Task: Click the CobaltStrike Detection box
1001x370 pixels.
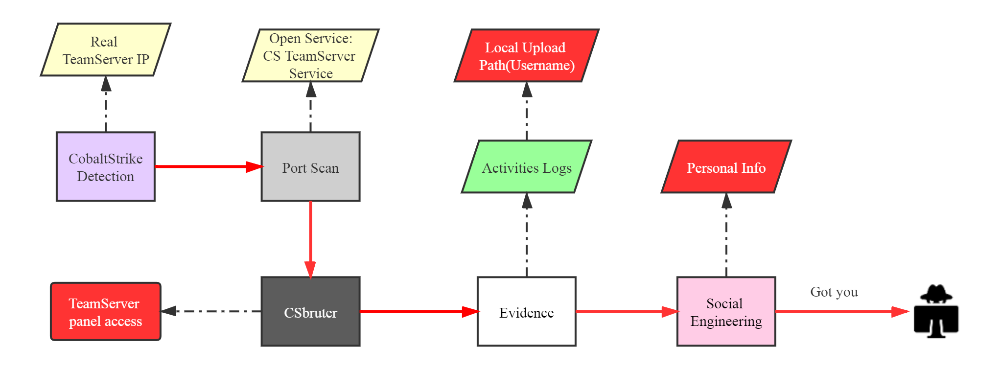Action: (106, 166)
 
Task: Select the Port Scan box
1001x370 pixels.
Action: (310, 166)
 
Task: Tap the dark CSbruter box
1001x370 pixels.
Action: (310, 312)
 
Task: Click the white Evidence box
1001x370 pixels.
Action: (527, 312)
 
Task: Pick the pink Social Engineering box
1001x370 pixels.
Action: (726, 312)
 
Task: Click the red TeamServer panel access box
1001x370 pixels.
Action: (106, 311)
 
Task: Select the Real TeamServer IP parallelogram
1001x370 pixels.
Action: (106, 49)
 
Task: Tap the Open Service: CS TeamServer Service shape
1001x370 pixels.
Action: (310, 55)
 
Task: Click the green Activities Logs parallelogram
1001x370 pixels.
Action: (527, 166)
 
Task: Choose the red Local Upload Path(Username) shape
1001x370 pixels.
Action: (527, 55)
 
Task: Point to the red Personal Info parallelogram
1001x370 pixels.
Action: (726, 166)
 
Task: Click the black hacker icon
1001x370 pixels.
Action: (936, 311)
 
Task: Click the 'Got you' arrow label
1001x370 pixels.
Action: (834, 292)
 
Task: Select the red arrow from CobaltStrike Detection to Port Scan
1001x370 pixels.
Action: (209, 166)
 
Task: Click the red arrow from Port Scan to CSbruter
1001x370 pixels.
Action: (310, 240)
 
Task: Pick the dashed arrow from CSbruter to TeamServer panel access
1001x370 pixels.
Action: (210, 311)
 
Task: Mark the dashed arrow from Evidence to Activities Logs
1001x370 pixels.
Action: (527, 235)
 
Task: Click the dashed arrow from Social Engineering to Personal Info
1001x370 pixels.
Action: (726, 235)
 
